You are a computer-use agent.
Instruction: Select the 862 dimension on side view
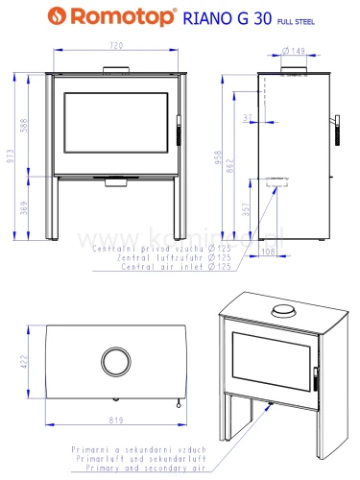[242, 165]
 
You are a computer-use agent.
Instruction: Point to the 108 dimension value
[269, 252]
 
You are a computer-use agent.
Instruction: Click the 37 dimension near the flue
[251, 117]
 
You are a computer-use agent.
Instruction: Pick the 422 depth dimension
[21, 361]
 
